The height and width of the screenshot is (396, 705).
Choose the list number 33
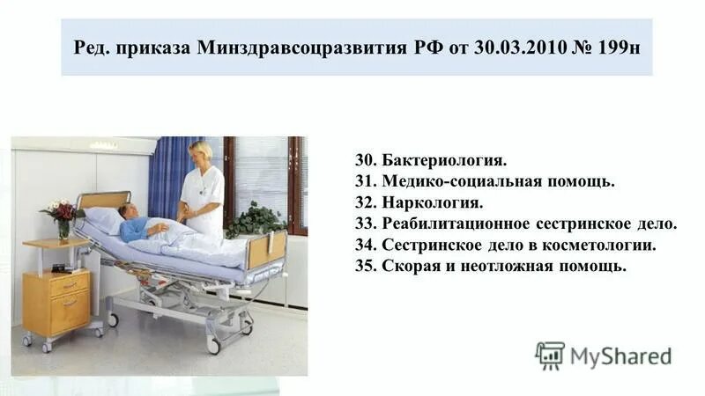[366, 224]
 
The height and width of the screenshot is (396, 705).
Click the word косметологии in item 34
[602, 246]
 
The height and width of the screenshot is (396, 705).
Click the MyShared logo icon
[549, 356]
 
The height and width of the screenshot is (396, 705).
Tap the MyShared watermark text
[620, 356]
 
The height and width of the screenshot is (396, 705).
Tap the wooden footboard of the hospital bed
[266, 249]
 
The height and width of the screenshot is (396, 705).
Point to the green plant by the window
[255, 220]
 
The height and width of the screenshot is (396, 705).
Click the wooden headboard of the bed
[104, 201]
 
